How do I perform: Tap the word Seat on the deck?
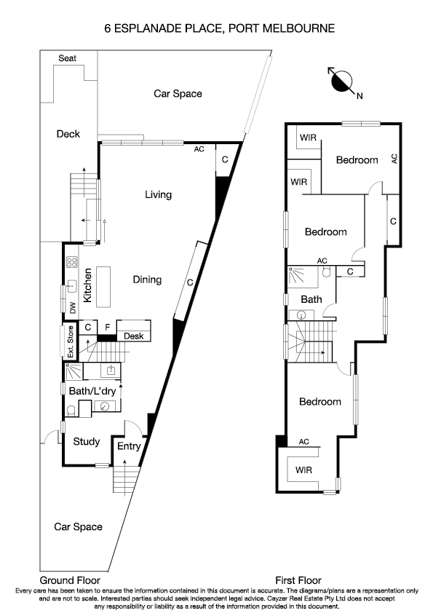(x=68, y=58)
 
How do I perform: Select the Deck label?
(x=68, y=134)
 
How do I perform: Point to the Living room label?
(x=158, y=194)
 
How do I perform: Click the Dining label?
(x=147, y=280)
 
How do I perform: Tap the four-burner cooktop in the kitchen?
(x=72, y=263)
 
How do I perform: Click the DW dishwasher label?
(x=73, y=309)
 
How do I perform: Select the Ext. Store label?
(x=71, y=341)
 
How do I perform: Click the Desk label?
(x=133, y=336)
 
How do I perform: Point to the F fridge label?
(x=107, y=327)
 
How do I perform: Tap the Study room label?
(x=86, y=440)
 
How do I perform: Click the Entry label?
(x=127, y=446)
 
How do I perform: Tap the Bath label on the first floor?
(x=311, y=299)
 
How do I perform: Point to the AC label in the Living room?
(x=199, y=149)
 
